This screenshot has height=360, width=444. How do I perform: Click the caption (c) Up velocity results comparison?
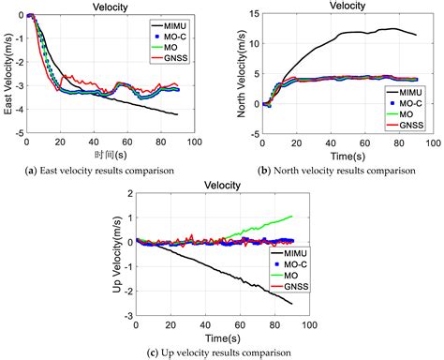click(222, 351)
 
